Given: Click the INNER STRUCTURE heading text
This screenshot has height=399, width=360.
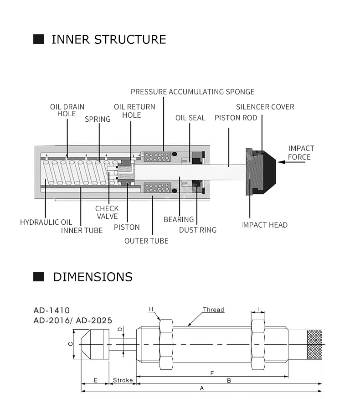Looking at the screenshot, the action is click(x=109, y=39).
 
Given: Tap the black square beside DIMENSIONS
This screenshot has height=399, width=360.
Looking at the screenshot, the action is click(x=38, y=277).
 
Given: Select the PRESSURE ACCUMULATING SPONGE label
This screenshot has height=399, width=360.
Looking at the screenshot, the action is click(x=192, y=92).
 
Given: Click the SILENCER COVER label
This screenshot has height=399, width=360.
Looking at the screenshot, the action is click(x=265, y=107).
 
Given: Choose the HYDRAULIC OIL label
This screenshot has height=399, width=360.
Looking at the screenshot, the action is click(x=46, y=222).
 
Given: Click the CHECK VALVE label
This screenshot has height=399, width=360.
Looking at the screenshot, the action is click(x=107, y=212).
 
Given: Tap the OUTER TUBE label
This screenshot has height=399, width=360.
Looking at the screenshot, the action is click(x=146, y=241).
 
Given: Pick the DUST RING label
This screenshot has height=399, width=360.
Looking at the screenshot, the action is click(x=198, y=230).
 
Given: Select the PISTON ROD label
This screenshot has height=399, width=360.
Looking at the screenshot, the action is click(x=236, y=118).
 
